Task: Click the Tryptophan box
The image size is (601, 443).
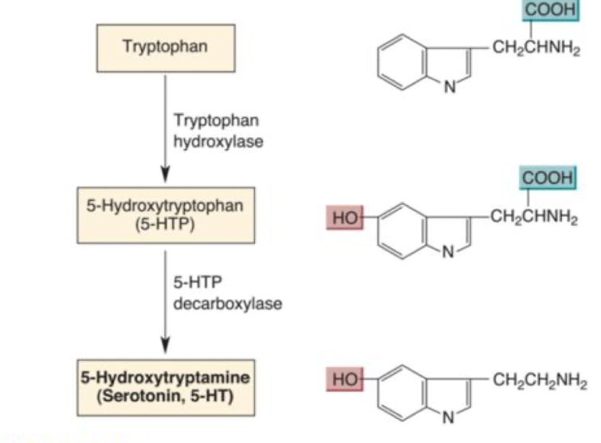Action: tap(165, 46)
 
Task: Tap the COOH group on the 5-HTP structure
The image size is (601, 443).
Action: tap(548, 177)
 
